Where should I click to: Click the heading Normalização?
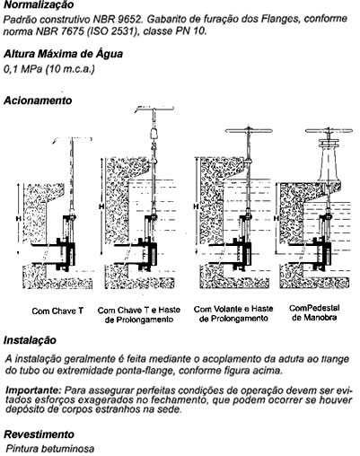pos(39,4)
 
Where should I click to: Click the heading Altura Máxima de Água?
pos(63,54)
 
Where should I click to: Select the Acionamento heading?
pos(38,101)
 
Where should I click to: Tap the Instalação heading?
pos(30,340)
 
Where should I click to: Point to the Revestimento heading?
pos(40,434)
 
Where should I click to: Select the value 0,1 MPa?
pos(22,69)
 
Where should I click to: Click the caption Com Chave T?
pos(57,311)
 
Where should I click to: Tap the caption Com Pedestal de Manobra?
pos(314,312)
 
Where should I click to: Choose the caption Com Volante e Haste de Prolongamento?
pos(233,313)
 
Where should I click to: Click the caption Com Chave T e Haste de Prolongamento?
pos(139,315)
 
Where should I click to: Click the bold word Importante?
pos(34,390)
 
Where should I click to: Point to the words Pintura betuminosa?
pos(50,449)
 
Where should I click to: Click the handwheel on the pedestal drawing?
pos(329,131)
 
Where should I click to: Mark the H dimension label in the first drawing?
pos(18,219)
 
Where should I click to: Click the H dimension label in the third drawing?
pos(196,206)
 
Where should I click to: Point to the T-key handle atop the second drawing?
pos(154,109)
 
